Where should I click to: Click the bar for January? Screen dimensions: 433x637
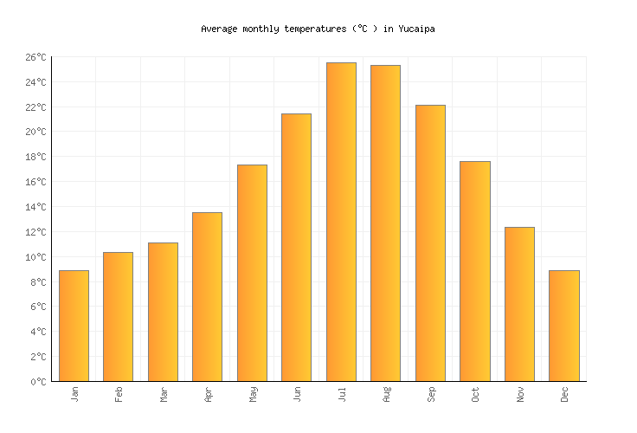point(74,326)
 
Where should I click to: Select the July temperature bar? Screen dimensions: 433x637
point(341,222)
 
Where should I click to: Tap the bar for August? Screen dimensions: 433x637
point(385,223)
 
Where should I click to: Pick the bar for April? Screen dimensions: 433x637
point(207,296)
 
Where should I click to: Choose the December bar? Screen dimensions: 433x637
point(563,326)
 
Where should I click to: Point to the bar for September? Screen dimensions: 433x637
point(430,242)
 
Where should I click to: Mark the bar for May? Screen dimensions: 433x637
point(252,273)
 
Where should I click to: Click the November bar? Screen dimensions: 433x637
point(519,304)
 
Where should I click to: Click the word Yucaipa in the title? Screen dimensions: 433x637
point(416,29)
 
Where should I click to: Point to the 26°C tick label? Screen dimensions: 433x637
point(35,57)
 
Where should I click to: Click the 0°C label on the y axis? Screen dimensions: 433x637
point(39,382)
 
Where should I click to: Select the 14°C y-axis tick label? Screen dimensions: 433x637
point(35,207)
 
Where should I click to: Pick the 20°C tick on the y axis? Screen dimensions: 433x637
point(35,132)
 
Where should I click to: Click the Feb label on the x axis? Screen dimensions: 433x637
point(119,394)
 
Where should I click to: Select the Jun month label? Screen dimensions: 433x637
point(297,394)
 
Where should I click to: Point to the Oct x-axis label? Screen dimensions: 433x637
point(475,394)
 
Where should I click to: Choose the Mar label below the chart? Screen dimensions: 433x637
point(164,394)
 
